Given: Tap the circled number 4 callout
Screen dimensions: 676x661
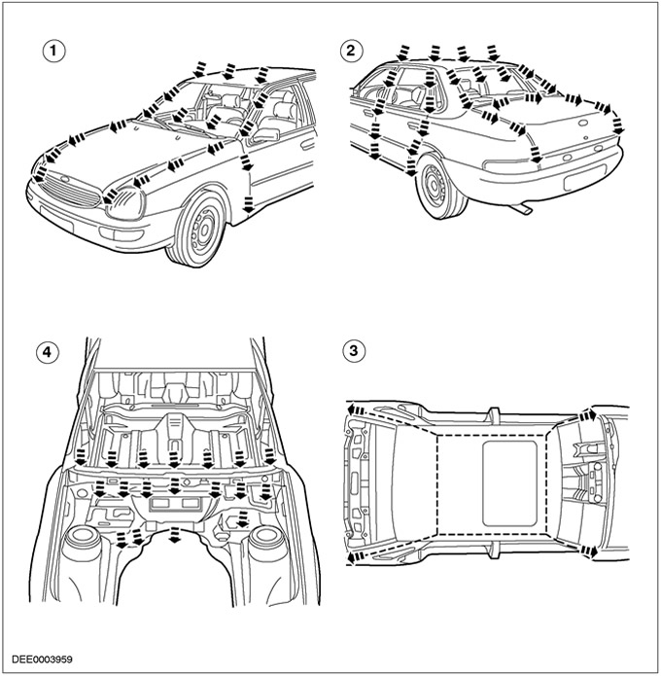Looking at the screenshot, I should coord(46,351).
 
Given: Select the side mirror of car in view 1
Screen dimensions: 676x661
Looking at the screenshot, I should coord(264,135).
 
